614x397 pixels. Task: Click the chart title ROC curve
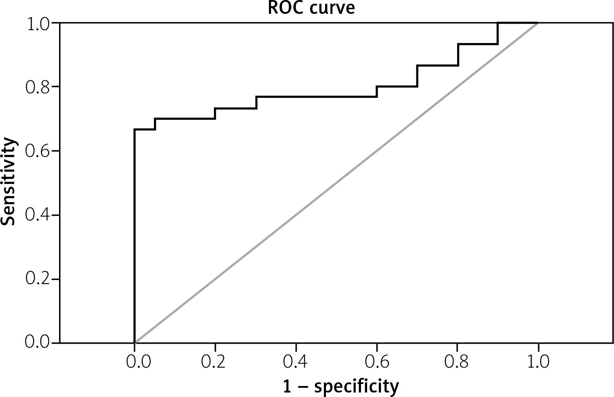coord(311,8)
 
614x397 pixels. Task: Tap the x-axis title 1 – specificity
coord(341,386)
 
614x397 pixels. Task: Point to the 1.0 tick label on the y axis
coord(38,24)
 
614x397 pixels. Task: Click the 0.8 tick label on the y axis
coord(38,87)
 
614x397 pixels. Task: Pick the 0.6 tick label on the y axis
coord(38,151)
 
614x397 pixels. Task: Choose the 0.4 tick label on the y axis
coord(38,215)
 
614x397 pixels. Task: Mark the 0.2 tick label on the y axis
coord(38,279)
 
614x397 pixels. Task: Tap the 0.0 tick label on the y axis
coord(38,342)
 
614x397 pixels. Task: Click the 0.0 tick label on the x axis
coord(134,362)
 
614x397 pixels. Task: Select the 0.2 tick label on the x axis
coord(215,362)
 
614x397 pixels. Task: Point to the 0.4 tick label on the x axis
coord(296,362)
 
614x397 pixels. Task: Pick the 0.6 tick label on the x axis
coord(377,362)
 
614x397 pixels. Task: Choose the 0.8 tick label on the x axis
coord(458,362)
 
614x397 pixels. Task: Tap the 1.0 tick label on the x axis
coord(538,362)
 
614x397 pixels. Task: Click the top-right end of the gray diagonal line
coord(538,23)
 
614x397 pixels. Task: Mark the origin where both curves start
coord(134,342)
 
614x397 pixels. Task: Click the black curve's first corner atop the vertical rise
coord(134,130)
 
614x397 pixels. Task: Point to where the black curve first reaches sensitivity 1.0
coord(498,23)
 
